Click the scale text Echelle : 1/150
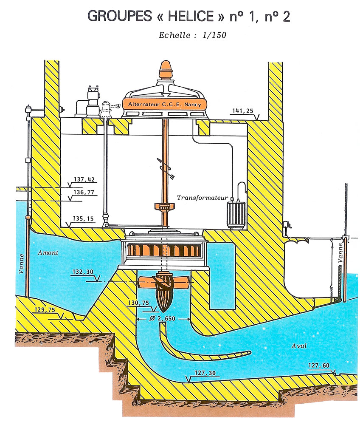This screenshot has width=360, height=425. click(x=192, y=35)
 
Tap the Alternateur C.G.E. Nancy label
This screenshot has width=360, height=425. click(x=165, y=105)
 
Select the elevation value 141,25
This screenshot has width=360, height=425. click(x=243, y=110)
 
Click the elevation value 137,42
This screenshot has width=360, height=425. click(x=84, y=179)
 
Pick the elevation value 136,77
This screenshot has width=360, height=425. click(x=84, y=192)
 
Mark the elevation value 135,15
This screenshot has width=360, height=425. click(x=83, y=218)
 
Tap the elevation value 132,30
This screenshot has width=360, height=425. click(x=83, y=272)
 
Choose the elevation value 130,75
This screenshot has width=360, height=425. click(x=138, y=303)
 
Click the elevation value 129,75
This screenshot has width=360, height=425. click(x=45, y=309)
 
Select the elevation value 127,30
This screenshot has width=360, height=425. click(x=205, y=373)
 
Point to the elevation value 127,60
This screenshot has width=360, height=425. click(x=319, y=365)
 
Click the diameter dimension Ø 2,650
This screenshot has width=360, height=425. click(x=163, y=318)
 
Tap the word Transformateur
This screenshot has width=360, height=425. click(x=202, y=198)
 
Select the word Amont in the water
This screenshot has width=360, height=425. click(x=48, y=252)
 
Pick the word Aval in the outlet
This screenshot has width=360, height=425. click(x=299, y=346)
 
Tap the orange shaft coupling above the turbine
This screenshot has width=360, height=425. click(x=165, y=207)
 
